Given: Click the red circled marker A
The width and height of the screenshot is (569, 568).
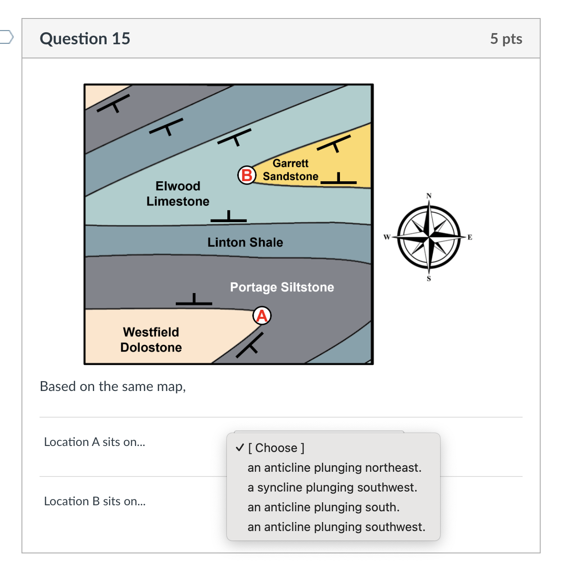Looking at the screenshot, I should tap(262, 316).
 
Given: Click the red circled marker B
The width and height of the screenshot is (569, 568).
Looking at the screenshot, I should tap(247, 175).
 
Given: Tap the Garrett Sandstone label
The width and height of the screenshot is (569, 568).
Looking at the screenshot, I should tap(291, 170).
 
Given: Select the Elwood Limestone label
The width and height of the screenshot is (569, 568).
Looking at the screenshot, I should tap(177, 193).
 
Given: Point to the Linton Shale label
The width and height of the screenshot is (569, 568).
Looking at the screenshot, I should tap(245, 242).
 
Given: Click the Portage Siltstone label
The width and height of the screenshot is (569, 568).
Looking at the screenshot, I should tap(282, 287).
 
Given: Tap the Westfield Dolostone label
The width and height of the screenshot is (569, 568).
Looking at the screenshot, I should tap(151, 339).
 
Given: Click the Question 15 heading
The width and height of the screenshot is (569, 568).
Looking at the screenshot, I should tap(85, 39).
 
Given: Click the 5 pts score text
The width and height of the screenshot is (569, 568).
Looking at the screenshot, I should tap(506, 39).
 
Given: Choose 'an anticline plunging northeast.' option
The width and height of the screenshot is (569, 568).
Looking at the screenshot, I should tap(334, 467).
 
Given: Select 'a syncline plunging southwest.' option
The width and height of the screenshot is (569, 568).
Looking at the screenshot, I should tap(332, 487).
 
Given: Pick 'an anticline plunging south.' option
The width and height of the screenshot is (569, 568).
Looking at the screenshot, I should tap(323, 507).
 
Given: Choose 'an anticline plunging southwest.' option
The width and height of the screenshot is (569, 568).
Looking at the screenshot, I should tap(336, 527).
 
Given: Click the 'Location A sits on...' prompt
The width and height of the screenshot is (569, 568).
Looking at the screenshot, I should tap(95, 442).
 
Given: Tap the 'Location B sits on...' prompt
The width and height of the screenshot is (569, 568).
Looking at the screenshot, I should tap(95, 501).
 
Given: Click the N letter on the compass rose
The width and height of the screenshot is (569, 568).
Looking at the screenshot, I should tap(428, 196).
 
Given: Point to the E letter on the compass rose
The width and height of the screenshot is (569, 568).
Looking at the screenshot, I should tap(470, 237).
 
